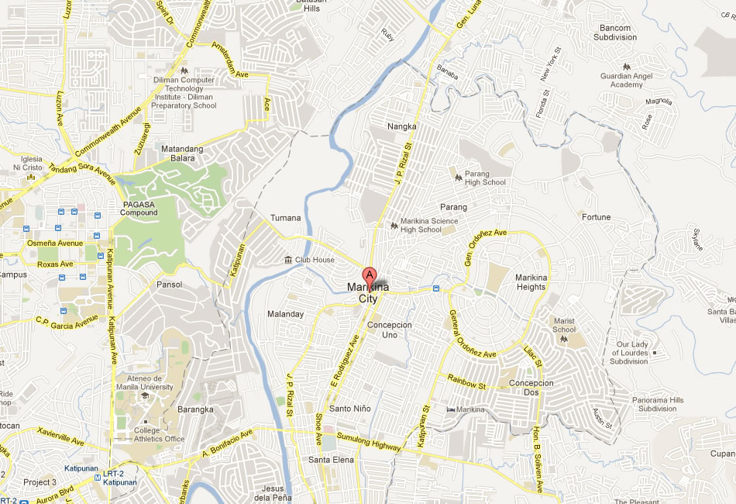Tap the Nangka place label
pyautogui.click(x=402, y=126)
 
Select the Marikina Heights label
pyautogui.click(x=531, y=283)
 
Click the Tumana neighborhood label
pyautogui.click(x=284, y=218)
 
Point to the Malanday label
pyautogui.click(x=286, y=314)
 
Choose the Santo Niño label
pyautogui.click(x=350, y=409)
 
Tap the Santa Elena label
pyautogui.click(x=331, y=460)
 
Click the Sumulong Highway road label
pyautogui.click(x=369, y=443)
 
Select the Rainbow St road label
pyautogui.click(x=466, y=381)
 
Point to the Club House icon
pyautogui.click(x=288, y=260)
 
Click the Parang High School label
pyautogui.click(x=484, y=178)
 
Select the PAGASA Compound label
pyautogui.click(x=140, y=209)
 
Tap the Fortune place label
pyautogui.click(x=597, y=217)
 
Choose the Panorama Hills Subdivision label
pyautogui.click(x=647, y=404)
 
